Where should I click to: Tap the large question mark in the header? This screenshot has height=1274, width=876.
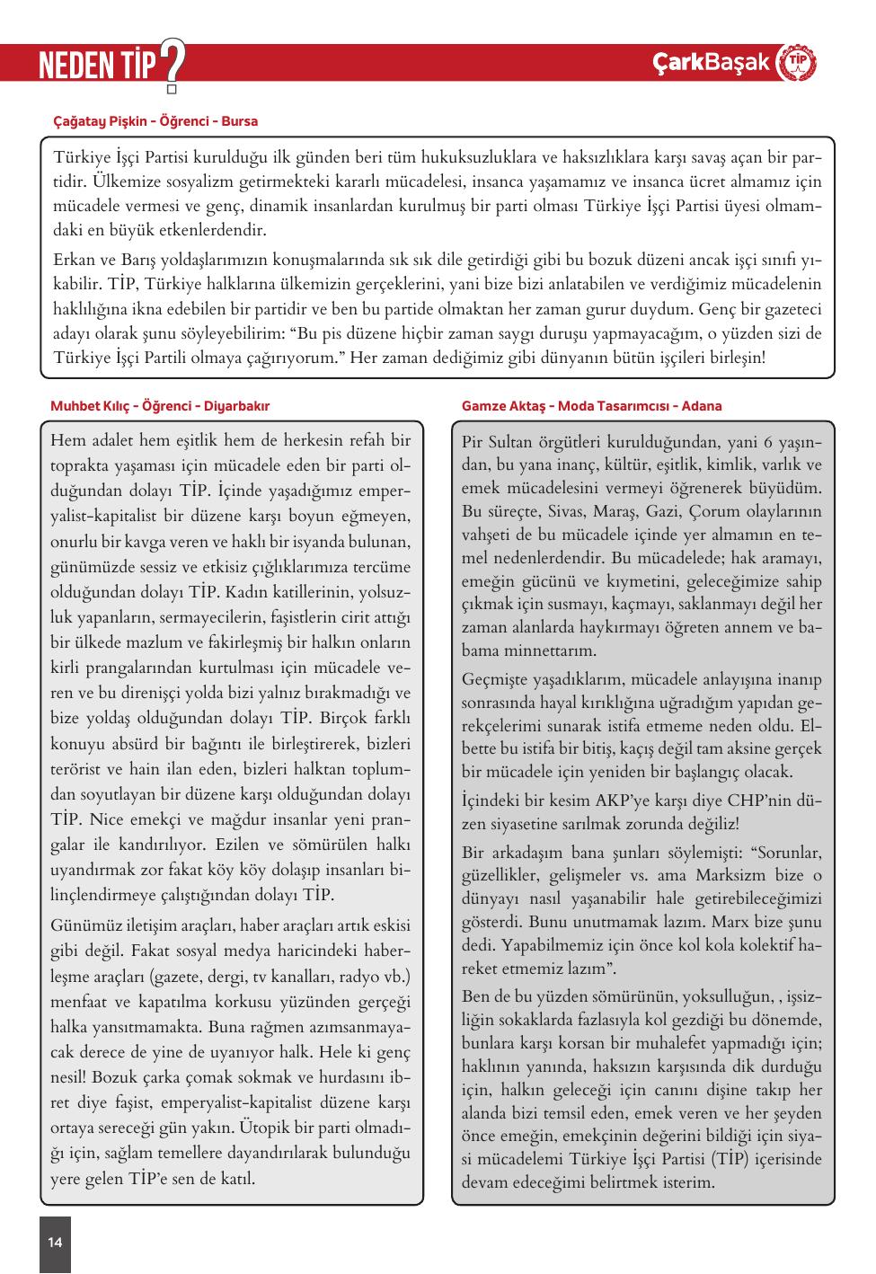[172, 65]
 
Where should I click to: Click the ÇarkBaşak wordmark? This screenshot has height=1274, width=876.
[712, 63]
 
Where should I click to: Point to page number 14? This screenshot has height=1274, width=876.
[55, 1243]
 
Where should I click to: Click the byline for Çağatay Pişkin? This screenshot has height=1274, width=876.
[155, 120]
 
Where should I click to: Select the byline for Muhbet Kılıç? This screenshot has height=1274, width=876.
[160, 406]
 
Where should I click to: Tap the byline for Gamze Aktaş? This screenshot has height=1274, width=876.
[591, 406]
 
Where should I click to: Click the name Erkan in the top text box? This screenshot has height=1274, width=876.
[75, 261]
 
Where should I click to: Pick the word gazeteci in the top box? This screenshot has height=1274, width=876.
[788, 309]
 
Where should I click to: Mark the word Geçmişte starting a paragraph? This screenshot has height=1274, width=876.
[500, 678]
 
